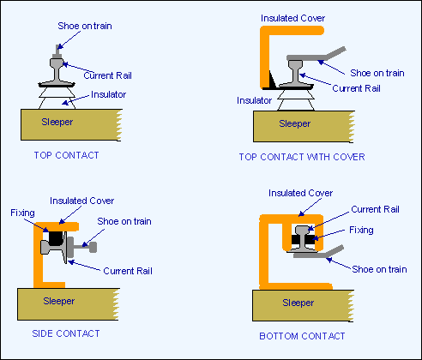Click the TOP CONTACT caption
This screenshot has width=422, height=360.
(66, 155)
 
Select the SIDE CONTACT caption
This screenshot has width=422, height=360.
(66, 333)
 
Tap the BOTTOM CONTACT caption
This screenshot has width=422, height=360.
(302, 336)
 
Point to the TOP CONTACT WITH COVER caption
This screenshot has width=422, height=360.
(302, 157)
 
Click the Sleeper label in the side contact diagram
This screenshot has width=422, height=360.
(59, 301)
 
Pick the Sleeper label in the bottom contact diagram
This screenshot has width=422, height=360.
(298, 303)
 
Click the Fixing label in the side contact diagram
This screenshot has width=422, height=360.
(22, 213)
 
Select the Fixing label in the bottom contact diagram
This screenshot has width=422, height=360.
(361, 230)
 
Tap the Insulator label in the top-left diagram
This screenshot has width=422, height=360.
(108, 94)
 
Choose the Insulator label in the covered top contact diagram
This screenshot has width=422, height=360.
(254, 100)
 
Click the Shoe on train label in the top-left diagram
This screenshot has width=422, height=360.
(85, 26)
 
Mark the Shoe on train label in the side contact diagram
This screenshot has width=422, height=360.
(124, 221)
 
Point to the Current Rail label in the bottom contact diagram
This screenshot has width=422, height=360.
(375, 209)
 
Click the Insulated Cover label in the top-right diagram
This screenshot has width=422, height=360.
(292, 18)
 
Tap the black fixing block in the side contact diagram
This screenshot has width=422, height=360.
(56, 238)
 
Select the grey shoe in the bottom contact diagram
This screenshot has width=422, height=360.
(318, 253)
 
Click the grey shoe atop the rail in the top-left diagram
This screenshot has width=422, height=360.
(58, 51)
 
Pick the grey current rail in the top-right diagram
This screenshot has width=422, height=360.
(296, 74)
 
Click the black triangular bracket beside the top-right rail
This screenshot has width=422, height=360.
(272, 80)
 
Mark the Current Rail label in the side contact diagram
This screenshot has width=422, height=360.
(128, 271)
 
